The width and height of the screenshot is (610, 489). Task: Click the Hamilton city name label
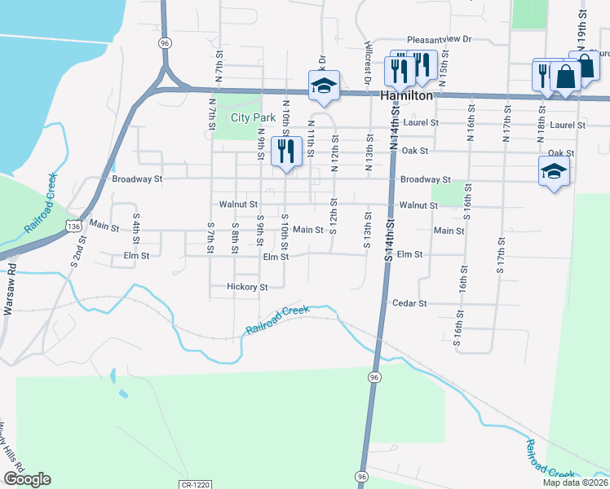pyautogui.click(x=407, y=95)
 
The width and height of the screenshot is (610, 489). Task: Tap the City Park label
pyautogui.click(x=253, y=117)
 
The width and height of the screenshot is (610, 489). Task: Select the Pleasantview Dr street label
pyautogui.click(x=440, y=38)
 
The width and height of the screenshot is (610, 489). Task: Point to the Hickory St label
pyautogui.click(x=248, y=287)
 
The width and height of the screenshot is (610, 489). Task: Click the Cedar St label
pyautogui.click(x=410, y=303)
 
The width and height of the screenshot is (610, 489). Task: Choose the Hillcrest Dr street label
pyautogui.click(x=369, y=62)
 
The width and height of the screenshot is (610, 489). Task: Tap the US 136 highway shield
pyautogui.click(x=74, y=226)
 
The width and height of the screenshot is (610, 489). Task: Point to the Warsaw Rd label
pyautogui.click(x=10, y=278)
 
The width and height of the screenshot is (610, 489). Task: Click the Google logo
pyautogui.click(x=27, y=479)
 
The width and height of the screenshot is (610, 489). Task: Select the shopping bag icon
pyautogui.click(x=564, y=77)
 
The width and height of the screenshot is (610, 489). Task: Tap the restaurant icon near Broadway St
pyautogui.click(x=286, y=152)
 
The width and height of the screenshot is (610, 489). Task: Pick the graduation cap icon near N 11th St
pyautogui.click(x=324, y=86)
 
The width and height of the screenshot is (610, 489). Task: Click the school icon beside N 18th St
pyautogui.click(x=553, y=172)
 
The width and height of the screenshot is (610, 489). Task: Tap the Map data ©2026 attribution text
pyautogui.click(x=576, y=482)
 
